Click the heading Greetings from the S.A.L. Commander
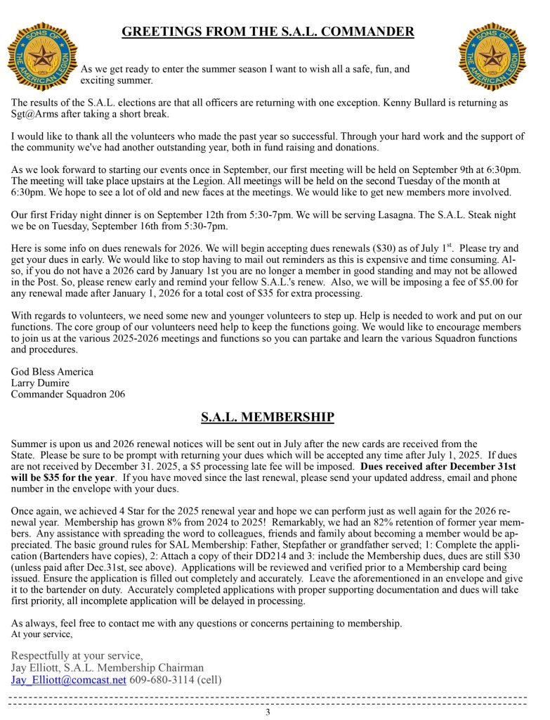[x=268, y=32]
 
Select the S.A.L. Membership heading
[x=268, y=418]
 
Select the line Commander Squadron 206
[x=68, y=394]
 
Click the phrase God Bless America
[x=52, y=371]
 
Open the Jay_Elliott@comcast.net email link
[x=69, y=680]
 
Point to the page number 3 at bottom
[x=268, y=712]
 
